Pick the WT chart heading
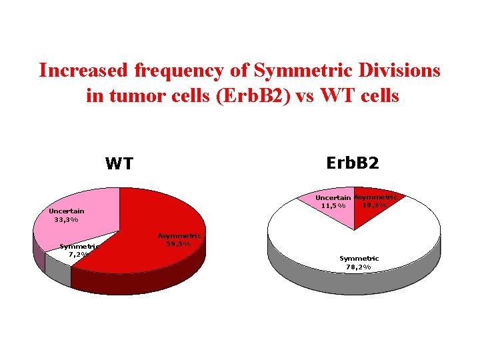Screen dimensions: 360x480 point(119,164)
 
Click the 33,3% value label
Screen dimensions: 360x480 point(67,219)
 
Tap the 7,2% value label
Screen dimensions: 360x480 point(79,255)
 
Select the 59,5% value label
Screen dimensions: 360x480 point(179,243)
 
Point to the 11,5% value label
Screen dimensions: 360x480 point(333,206)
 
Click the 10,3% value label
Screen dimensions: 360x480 point(375,205)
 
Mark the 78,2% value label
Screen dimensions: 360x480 point(359,267)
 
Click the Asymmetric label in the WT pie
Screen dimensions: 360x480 point(179,235)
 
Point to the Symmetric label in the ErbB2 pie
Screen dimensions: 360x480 point(359,259)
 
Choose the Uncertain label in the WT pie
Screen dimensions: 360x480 point(67,211)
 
